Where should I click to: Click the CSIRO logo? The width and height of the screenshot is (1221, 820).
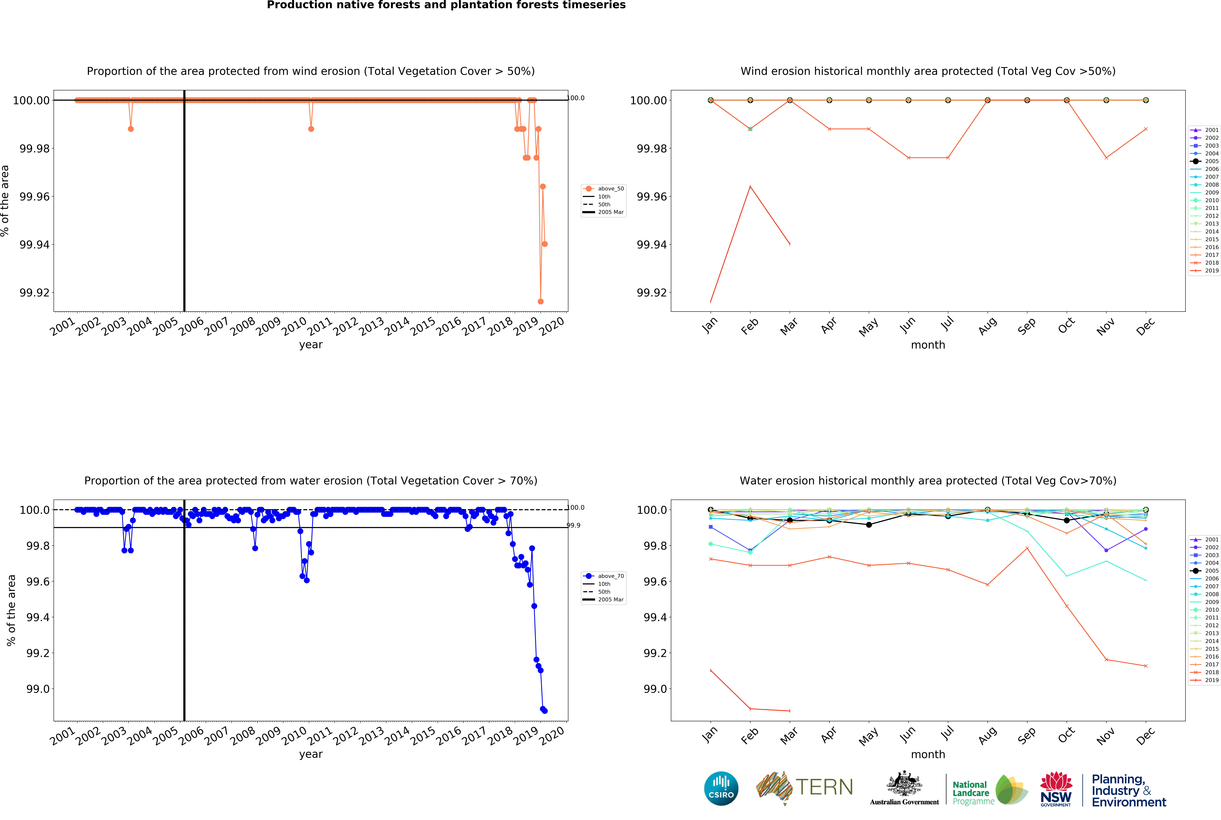[x=721, y=788]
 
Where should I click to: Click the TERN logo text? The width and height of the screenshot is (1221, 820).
[x=824, y=787]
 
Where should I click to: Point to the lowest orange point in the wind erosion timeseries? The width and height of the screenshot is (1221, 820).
[x=540, y=301]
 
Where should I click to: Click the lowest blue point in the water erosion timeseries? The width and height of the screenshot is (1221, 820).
[x=545, y=711]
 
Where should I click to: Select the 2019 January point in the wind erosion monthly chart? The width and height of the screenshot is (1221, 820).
[x=710, y=301]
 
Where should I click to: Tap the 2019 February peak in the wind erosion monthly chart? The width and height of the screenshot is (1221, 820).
[x=750, y=186]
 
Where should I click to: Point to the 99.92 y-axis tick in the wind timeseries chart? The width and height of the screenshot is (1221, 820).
[x=35, y=292]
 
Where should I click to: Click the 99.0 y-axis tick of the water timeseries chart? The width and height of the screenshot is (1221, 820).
[x=38, y=689]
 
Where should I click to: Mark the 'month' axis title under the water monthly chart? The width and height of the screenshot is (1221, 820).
[x=928, y=754]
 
